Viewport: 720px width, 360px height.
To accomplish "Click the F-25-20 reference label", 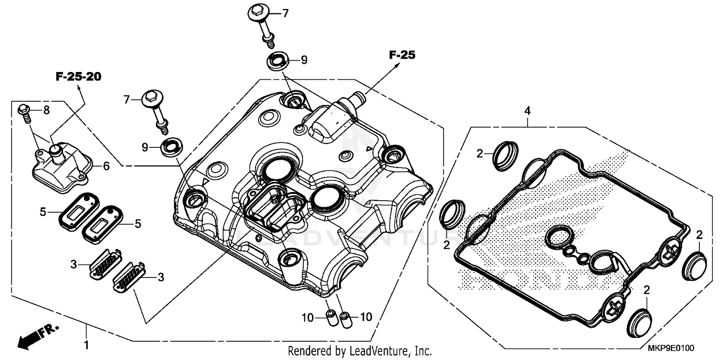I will pyautogui.click(x=78, y=77).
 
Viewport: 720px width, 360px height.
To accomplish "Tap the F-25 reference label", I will pyautogui.click(x=401, y=55).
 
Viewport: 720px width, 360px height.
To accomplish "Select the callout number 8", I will pyautogui.click(x=46, y=110).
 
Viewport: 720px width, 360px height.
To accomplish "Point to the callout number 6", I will pyautogui.click(x=106, y=166).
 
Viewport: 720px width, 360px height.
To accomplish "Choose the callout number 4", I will pyautogui.click(x=528, y=111).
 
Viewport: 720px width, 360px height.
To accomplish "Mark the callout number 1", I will pyautogui.click(x=87, y=344).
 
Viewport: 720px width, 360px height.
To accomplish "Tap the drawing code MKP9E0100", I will pyautogui.click(x=672, y=348).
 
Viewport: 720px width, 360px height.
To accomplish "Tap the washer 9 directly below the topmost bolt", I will pyautogui.click(x=277, y=62).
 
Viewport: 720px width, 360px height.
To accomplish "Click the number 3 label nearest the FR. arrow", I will pyautogui.click(x=73, y=264).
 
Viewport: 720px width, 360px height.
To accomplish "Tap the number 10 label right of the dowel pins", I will pyautogui.click(x=365, y=317).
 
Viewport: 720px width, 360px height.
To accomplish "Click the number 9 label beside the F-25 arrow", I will pyautogui.click(x=304, y=60).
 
